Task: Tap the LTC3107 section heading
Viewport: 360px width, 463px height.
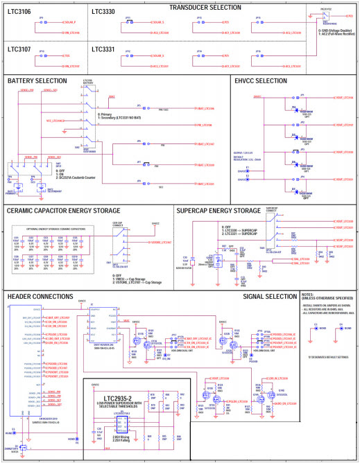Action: pos(20,50)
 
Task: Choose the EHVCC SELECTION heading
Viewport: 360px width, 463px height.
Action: pos(261,81)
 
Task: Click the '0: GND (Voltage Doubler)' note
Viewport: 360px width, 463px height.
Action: pos(327,31)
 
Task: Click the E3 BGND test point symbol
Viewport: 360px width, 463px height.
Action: pos(316,328)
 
